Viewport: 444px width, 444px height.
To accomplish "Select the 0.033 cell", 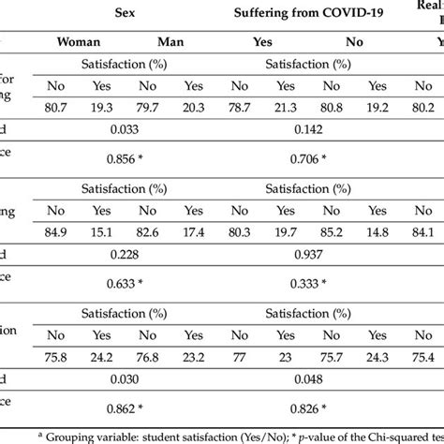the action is click(x=127, y=127).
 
